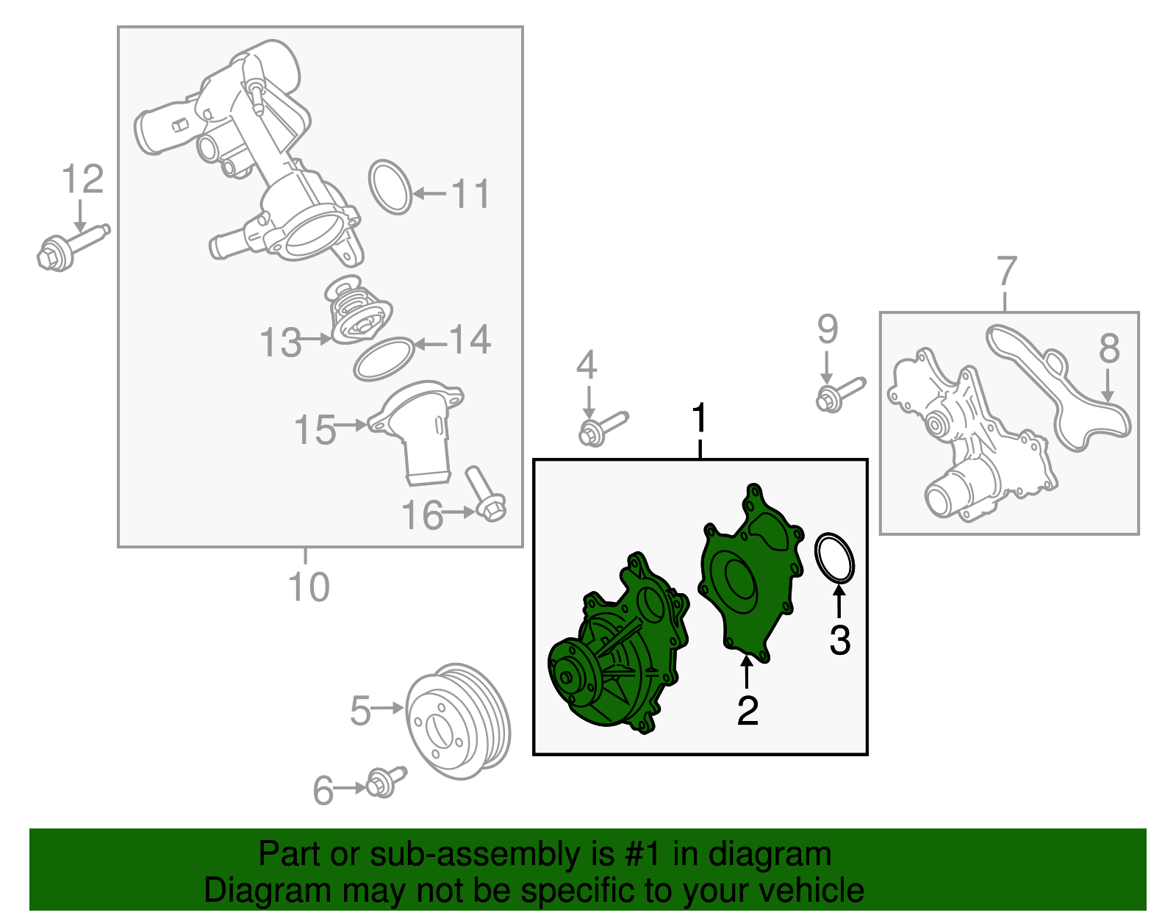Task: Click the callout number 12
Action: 82,179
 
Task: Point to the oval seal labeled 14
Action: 384,359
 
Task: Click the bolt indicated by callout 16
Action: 485,494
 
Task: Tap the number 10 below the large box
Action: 309,587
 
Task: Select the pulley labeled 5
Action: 456,722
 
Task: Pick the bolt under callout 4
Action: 601,428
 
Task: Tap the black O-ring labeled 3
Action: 835,559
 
